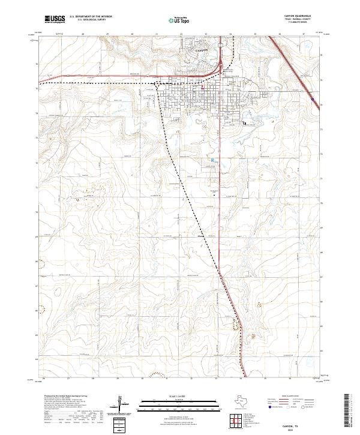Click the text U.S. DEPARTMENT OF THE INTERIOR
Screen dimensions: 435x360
tap(91, 17)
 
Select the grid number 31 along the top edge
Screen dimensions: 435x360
tap(157, 34)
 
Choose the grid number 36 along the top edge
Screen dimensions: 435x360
tap(280, 34)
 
